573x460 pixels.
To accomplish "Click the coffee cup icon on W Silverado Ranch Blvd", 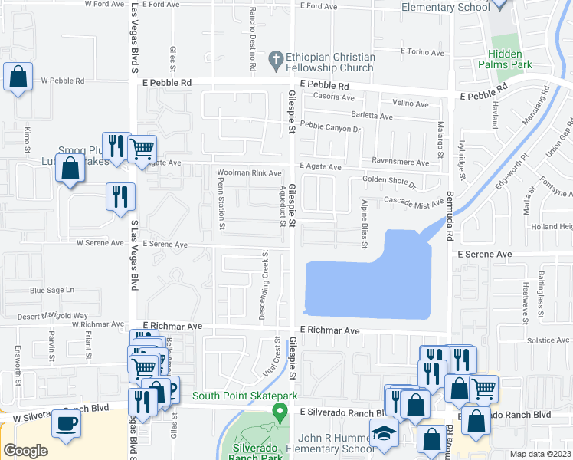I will tap(66, 423).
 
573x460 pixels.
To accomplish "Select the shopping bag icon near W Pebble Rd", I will tap(18, 77).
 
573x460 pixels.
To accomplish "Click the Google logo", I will tap(26, 451).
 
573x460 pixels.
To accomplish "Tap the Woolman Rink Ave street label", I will tap(249, 173).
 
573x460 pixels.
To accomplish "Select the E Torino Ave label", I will tap(422, 52).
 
